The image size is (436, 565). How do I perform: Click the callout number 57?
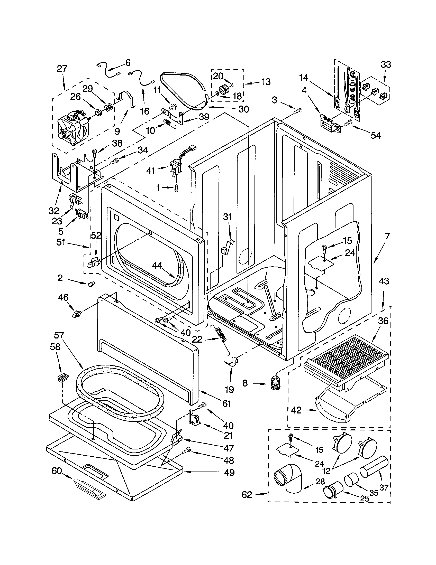tap(59, 335)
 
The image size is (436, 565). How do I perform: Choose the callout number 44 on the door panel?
tap(157, 266)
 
